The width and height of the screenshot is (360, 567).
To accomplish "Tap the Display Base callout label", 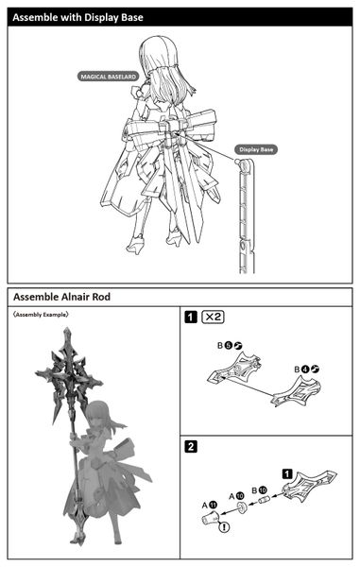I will coord(254,149).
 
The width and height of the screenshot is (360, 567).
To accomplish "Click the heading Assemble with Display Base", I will coord(74,14).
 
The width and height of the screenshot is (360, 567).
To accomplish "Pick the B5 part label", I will coord(224,347).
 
